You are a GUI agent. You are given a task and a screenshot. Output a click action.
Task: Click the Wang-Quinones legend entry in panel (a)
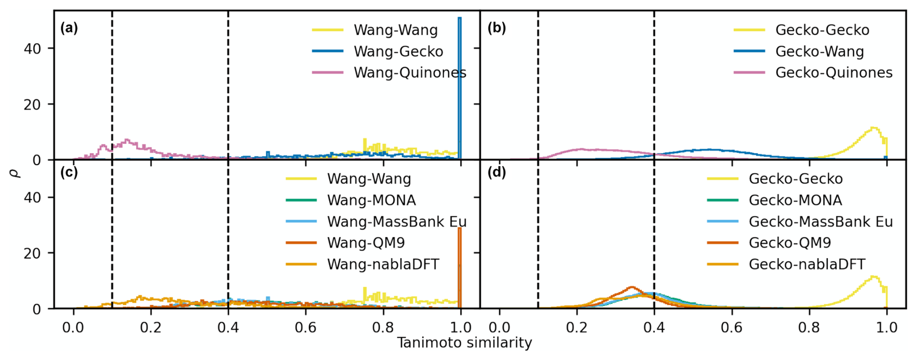click(410, 73)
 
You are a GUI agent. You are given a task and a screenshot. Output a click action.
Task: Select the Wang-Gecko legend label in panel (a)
click(398, 51)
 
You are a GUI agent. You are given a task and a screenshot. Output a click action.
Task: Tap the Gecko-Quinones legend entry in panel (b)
click(834, 73)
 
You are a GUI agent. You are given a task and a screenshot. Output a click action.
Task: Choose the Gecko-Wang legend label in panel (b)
click(820, 51)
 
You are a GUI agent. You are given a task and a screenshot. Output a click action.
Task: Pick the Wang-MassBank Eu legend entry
click(396, 221)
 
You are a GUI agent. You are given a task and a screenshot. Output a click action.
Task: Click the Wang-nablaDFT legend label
click(383, 264)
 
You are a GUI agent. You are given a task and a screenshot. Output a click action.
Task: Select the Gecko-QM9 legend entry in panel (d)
click(790, 243)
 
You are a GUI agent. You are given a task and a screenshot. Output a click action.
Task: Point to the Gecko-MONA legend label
click(795, 200)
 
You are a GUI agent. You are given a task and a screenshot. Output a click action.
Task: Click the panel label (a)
click(69, 28)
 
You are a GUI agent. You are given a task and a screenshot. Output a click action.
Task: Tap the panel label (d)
click(496, 172)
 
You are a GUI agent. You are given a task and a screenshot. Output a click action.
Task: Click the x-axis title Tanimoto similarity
click(464, 343)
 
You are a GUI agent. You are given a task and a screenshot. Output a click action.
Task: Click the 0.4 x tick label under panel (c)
click(228, 328)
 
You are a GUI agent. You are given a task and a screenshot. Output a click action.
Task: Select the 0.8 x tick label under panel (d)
click(809, 328)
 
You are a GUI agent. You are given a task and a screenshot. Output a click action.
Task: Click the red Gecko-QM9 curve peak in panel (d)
click(632, 287)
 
